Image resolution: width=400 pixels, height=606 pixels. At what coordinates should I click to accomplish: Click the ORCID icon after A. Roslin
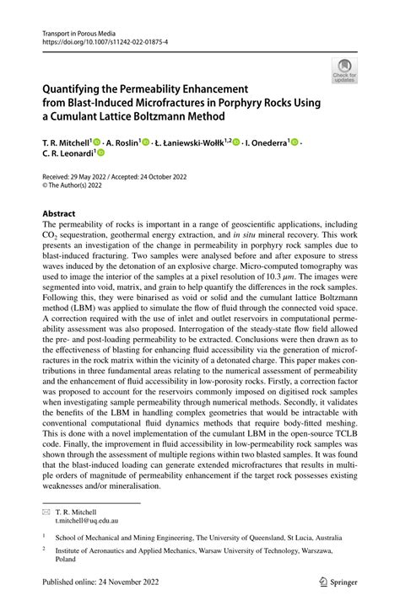tap(149, 142)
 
